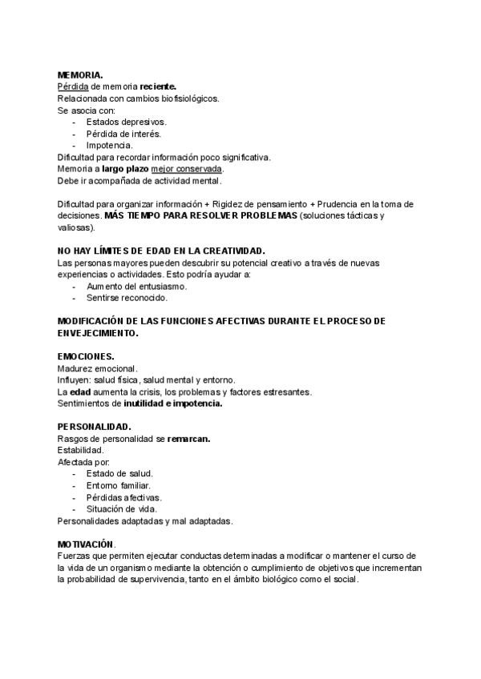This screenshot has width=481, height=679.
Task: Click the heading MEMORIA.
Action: (80, 74)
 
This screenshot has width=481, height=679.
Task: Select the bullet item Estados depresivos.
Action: (126, 122)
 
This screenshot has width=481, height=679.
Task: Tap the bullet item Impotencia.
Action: (109, 145)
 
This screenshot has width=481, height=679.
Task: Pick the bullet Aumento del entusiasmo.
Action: (136, 286)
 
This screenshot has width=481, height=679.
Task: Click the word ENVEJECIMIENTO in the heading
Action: (98, 332)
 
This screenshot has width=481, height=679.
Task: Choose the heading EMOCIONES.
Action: (86, 356)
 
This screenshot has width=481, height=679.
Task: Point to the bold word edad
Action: (80, 392)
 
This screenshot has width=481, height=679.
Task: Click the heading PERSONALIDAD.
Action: (95, 426)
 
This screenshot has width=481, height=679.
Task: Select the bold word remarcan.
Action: (189, 439)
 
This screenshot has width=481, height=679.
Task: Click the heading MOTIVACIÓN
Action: (86, 544)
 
